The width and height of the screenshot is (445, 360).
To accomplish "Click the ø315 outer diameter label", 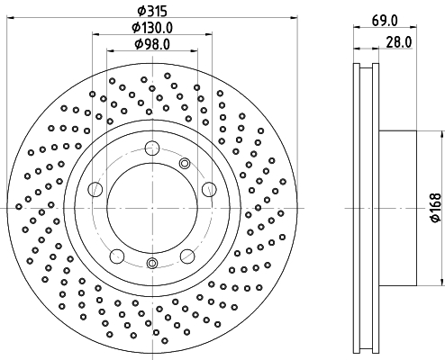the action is tap(152, 12).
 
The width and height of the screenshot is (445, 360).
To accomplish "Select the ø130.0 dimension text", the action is tap(152, 28).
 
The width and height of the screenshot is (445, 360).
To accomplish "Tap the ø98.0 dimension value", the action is tap(152, 44).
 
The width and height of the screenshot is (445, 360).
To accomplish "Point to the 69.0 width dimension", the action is tap(385, 22).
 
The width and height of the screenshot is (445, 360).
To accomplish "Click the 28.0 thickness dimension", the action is tap(399, 42).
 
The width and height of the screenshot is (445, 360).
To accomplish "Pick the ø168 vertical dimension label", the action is tap(436, 208).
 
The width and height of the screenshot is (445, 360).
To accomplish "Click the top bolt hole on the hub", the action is tap(152, 148).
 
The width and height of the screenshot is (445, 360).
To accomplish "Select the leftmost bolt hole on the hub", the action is tap(95, 189).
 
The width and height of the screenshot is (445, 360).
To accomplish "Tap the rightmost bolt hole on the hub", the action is tap(209, 189).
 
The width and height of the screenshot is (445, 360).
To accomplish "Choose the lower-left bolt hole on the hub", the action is tap(117, 256).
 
